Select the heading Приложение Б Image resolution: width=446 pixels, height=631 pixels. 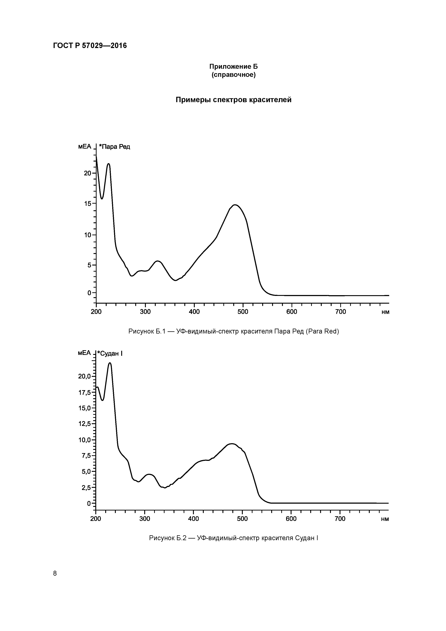tap(233, 67)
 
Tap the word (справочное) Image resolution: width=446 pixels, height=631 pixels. tap(233, 75)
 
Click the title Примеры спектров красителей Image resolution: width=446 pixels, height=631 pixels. tap(233, 100)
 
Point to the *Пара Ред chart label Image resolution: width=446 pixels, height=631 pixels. tap(114, 147)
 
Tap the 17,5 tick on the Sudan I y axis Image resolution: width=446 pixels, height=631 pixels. tap(84, 393)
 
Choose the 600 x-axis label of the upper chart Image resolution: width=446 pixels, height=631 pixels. tap(292, 312)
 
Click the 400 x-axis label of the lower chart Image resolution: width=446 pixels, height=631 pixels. tap(194, 519)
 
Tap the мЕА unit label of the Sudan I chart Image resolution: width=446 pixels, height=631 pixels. tap(84, 353)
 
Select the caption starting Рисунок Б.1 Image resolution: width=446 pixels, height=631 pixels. tap(234, 332)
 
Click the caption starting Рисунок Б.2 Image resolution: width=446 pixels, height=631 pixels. tap(234, 538)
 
